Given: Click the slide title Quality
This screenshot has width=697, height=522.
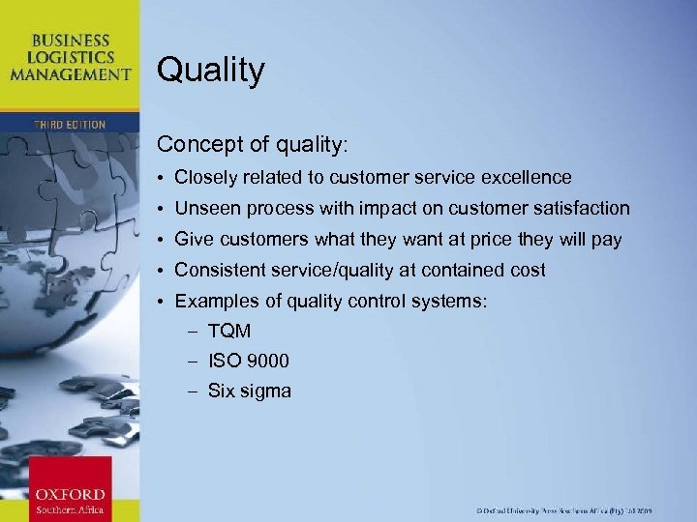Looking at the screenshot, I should (x=210, y=71).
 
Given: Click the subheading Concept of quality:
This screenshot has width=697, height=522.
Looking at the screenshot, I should (x=251, y=144).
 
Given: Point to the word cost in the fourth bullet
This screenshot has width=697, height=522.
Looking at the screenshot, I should (x=527, y=271).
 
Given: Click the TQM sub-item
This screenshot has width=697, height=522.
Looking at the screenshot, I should (x=229, y=332).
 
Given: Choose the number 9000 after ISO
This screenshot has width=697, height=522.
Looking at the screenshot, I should (x=267, y=362).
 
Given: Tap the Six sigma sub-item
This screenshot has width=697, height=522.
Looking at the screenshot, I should (x=249, y=391).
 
